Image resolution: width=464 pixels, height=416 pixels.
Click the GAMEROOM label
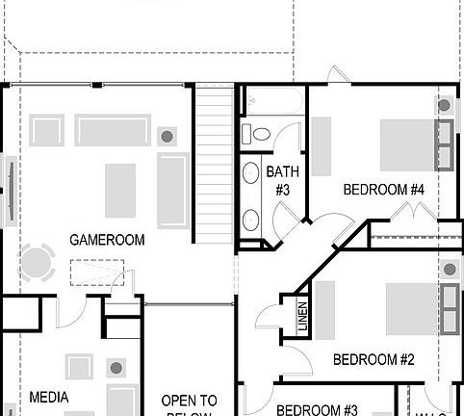(x=107, y=240)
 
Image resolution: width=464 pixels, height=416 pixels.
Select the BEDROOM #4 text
(x=384, y=190)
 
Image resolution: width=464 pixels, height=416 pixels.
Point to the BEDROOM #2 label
(x=374, y=360)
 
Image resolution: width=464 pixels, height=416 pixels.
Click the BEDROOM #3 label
(x=318, y=409)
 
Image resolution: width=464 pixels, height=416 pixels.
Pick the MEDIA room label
(x=48, y=396)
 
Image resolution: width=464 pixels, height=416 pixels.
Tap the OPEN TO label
(x=189, y=401)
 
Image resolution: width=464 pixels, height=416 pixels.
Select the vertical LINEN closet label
(x=302, y=317)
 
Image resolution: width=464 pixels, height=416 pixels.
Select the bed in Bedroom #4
(x=409, y=144)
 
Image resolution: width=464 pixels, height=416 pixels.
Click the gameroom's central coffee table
(x=120, y=190)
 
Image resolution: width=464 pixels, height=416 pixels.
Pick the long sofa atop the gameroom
(x=113, y=131)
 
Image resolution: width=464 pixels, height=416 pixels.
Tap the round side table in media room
(x=116, y=367)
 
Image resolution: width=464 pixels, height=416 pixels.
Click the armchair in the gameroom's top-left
(x=46, y=130)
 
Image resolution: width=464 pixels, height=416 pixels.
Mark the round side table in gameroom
(x=167, y=136)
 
